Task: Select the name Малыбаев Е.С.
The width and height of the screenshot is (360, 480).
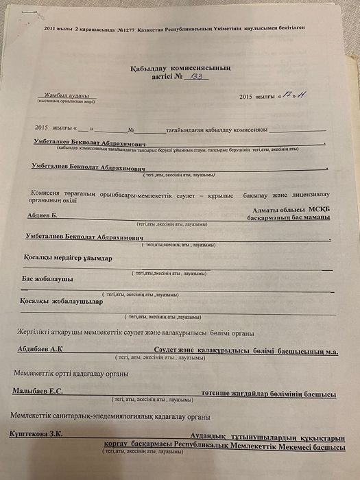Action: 38,392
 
